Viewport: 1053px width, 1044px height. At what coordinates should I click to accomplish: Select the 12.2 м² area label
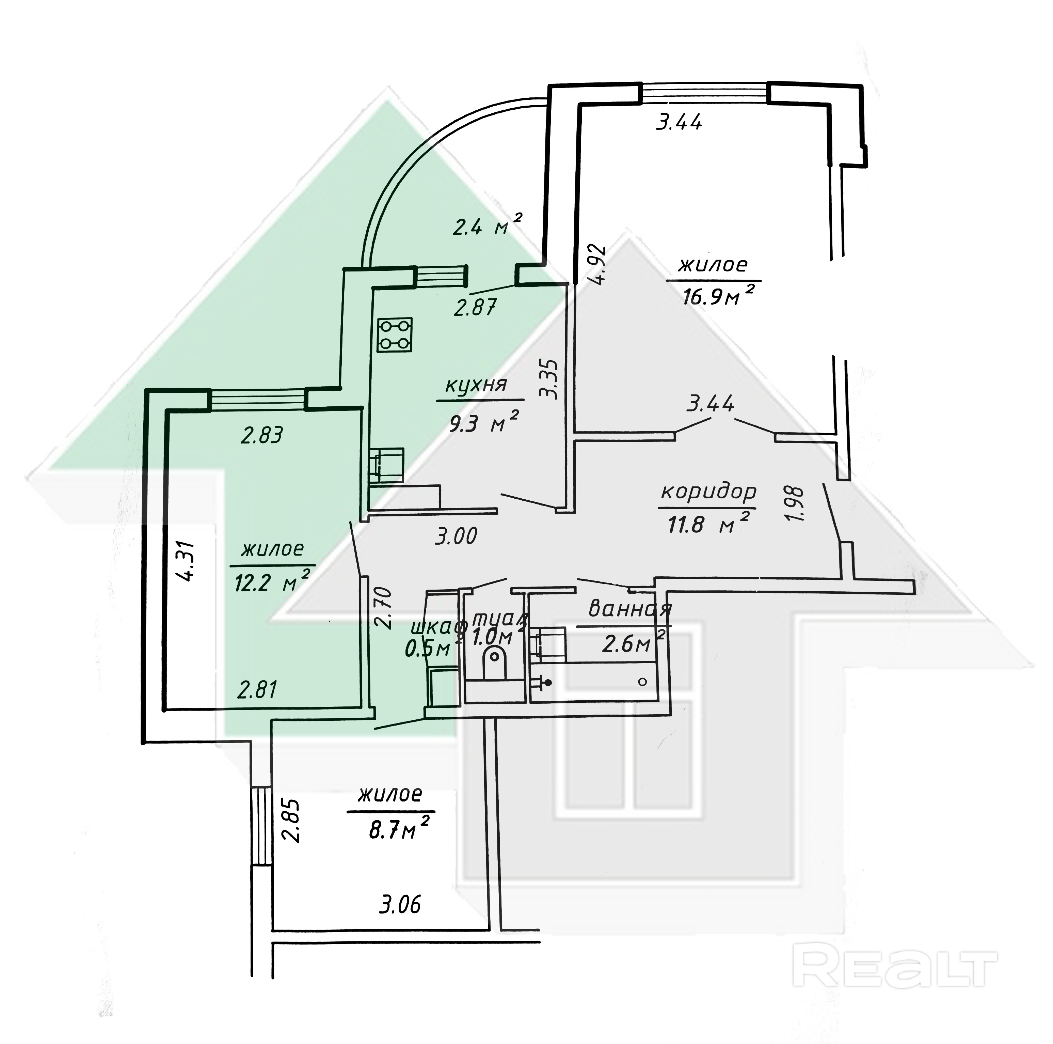(x=272, y=583)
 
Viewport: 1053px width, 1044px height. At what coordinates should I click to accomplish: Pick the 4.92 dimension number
(x=598, y=264)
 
